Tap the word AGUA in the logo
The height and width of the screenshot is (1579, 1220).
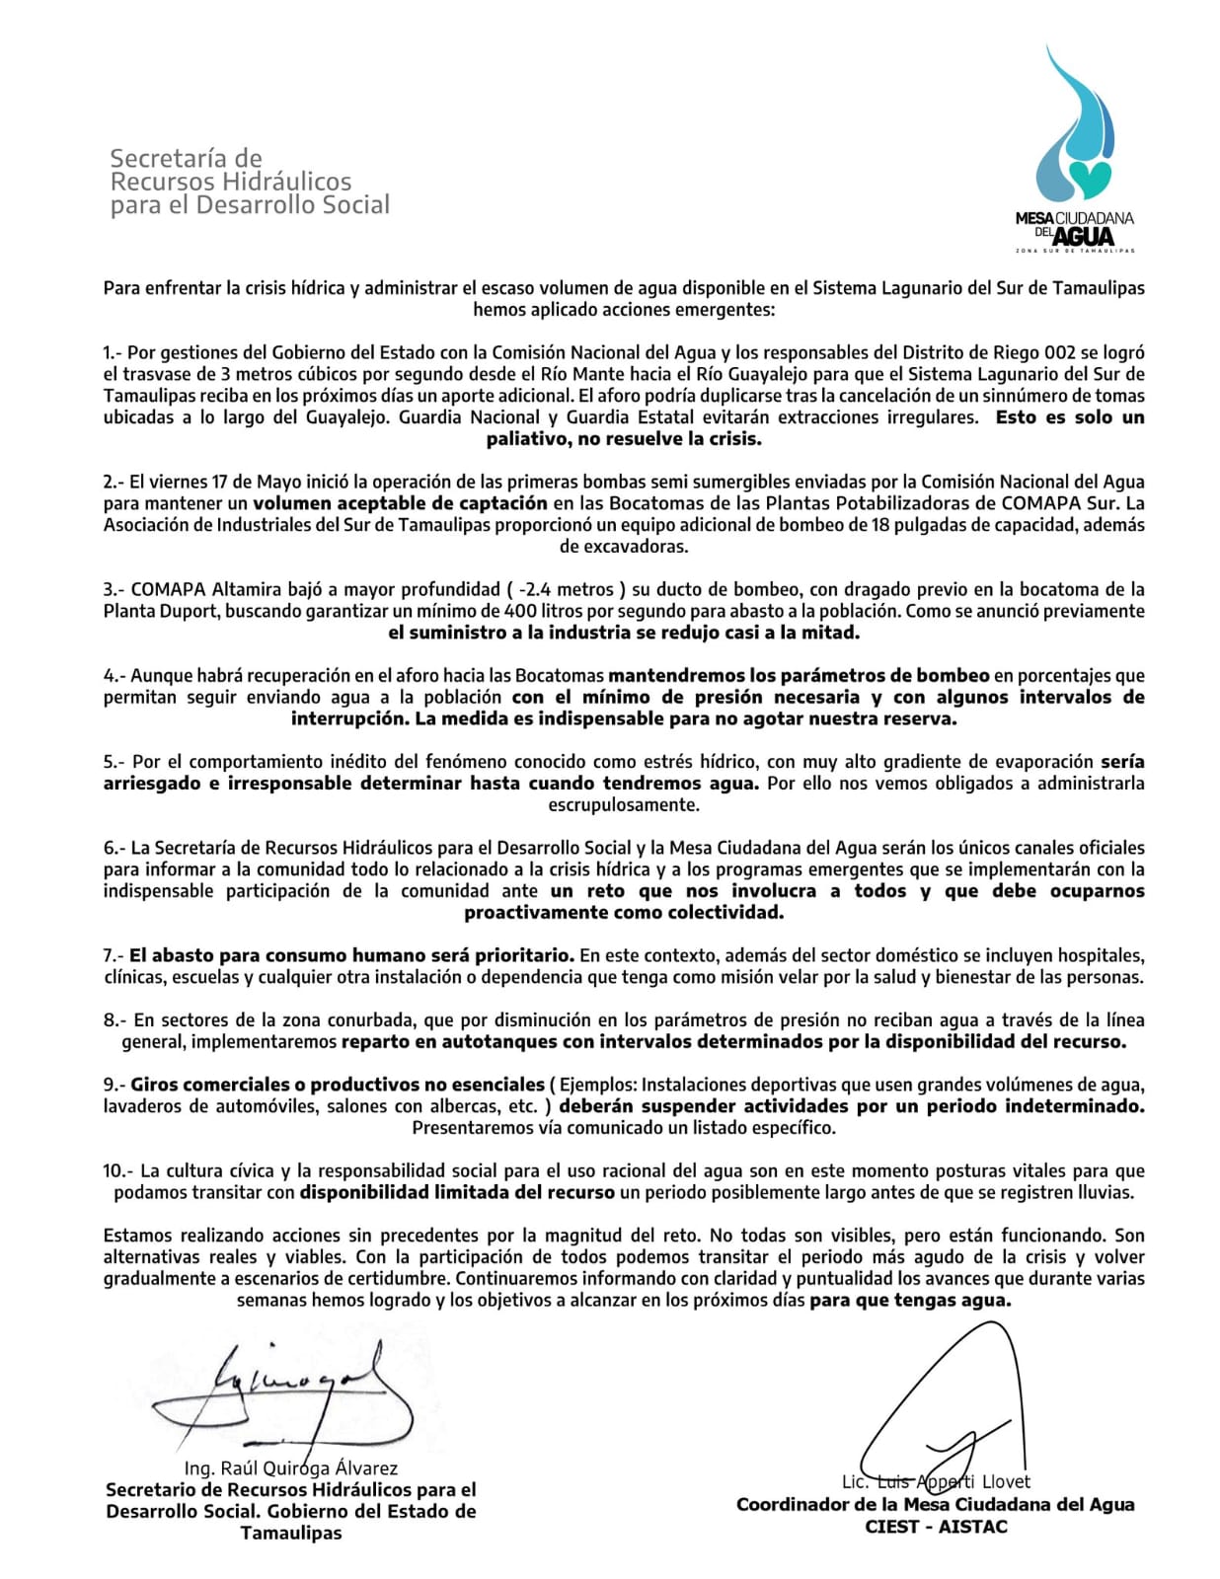point(1084,237)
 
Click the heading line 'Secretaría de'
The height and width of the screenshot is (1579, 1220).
point(186,158)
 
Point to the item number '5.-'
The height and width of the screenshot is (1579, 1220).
point(115,762)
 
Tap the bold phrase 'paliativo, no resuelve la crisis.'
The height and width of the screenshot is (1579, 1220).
point(624,439)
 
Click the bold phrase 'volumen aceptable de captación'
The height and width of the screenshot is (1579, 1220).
point(400,503)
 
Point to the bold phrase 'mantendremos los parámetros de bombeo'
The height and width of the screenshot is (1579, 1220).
point(799,676)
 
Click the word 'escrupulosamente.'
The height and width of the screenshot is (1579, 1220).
point(624,804)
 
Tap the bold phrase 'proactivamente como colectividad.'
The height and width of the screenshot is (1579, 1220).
point(624,913)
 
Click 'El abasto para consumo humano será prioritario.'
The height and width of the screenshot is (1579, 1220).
point(351,955)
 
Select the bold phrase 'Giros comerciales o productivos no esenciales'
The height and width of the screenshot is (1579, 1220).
point(338,1085)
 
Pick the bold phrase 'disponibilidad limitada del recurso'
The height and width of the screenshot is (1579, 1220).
point(458,1192)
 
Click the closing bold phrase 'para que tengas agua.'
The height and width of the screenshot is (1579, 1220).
point(910,1300)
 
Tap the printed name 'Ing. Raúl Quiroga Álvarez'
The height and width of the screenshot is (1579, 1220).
point(291,1468)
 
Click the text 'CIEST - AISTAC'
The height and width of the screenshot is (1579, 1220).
point(935,1527)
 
